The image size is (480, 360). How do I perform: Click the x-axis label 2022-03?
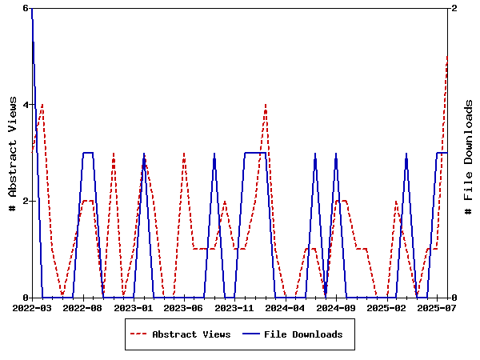point(32,307)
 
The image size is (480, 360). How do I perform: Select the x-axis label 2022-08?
point(83,307)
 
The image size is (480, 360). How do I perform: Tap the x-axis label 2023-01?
point(134,307)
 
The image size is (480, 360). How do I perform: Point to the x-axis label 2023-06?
point(184,307)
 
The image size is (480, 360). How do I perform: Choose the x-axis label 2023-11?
point(234,307)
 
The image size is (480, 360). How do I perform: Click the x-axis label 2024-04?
point(286,307)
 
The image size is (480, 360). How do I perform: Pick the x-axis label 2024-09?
point(336,307)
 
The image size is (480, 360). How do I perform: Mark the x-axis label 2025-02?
point(386,307)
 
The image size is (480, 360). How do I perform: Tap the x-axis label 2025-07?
point(437,307)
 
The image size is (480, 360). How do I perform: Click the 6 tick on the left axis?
point(26,8)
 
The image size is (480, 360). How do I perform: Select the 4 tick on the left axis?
point(26,105)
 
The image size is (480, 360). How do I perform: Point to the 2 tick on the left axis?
point(26,201)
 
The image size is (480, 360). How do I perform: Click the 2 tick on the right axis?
point(454,8)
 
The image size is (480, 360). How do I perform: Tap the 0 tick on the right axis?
point(454,298)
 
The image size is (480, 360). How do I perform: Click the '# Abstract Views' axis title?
point(12,153)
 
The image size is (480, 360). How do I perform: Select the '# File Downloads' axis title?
point(470,153)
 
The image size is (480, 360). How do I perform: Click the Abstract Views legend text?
point(191,334)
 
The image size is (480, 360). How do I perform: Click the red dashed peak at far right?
point(447,57)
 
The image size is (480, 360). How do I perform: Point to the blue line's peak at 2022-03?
point(32,9)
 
